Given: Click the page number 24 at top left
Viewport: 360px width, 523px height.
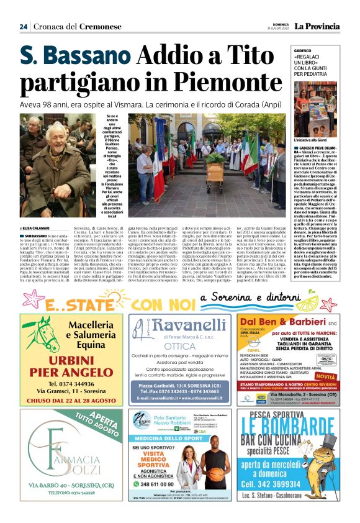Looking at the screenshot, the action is [x=23, y=27].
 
